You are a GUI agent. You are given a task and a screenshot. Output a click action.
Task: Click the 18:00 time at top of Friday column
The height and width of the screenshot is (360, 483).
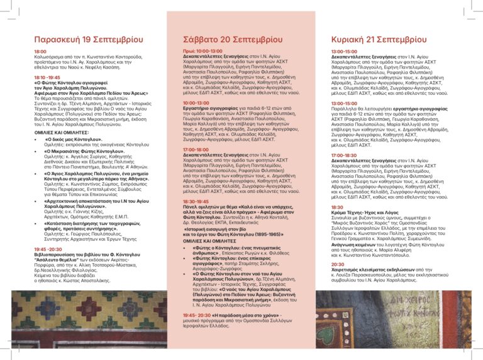tap(40, 51)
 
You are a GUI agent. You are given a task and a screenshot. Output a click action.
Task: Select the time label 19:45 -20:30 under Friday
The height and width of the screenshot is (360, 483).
tap(50, 249)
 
